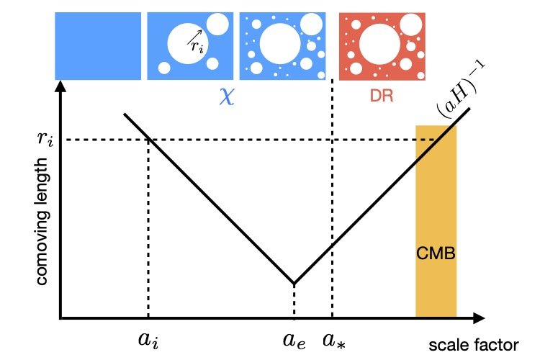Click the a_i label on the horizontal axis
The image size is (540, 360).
pyautogui.click(x=148, y=339)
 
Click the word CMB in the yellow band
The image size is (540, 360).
pyautogui.click(x=436, y=254)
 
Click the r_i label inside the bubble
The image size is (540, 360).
pyautogui.click(x=197, y=47)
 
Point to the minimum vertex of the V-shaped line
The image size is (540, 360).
pyautogui.click(x=294, y=283)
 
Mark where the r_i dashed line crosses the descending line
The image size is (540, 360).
pyautogui.click(x=148, y=139)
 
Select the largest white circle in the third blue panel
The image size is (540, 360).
pyautogui.click(x=279, y=44)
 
